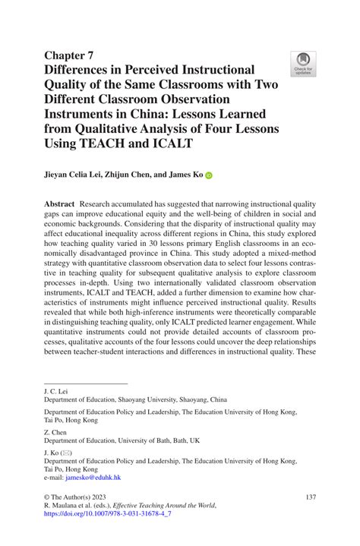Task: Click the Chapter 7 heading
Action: tap(68, 55)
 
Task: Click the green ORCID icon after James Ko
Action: tap(209, 175)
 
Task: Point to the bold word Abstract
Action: tap(60, 204)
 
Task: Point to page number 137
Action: tap(309, 496)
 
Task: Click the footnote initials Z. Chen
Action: tap(55, 432)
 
